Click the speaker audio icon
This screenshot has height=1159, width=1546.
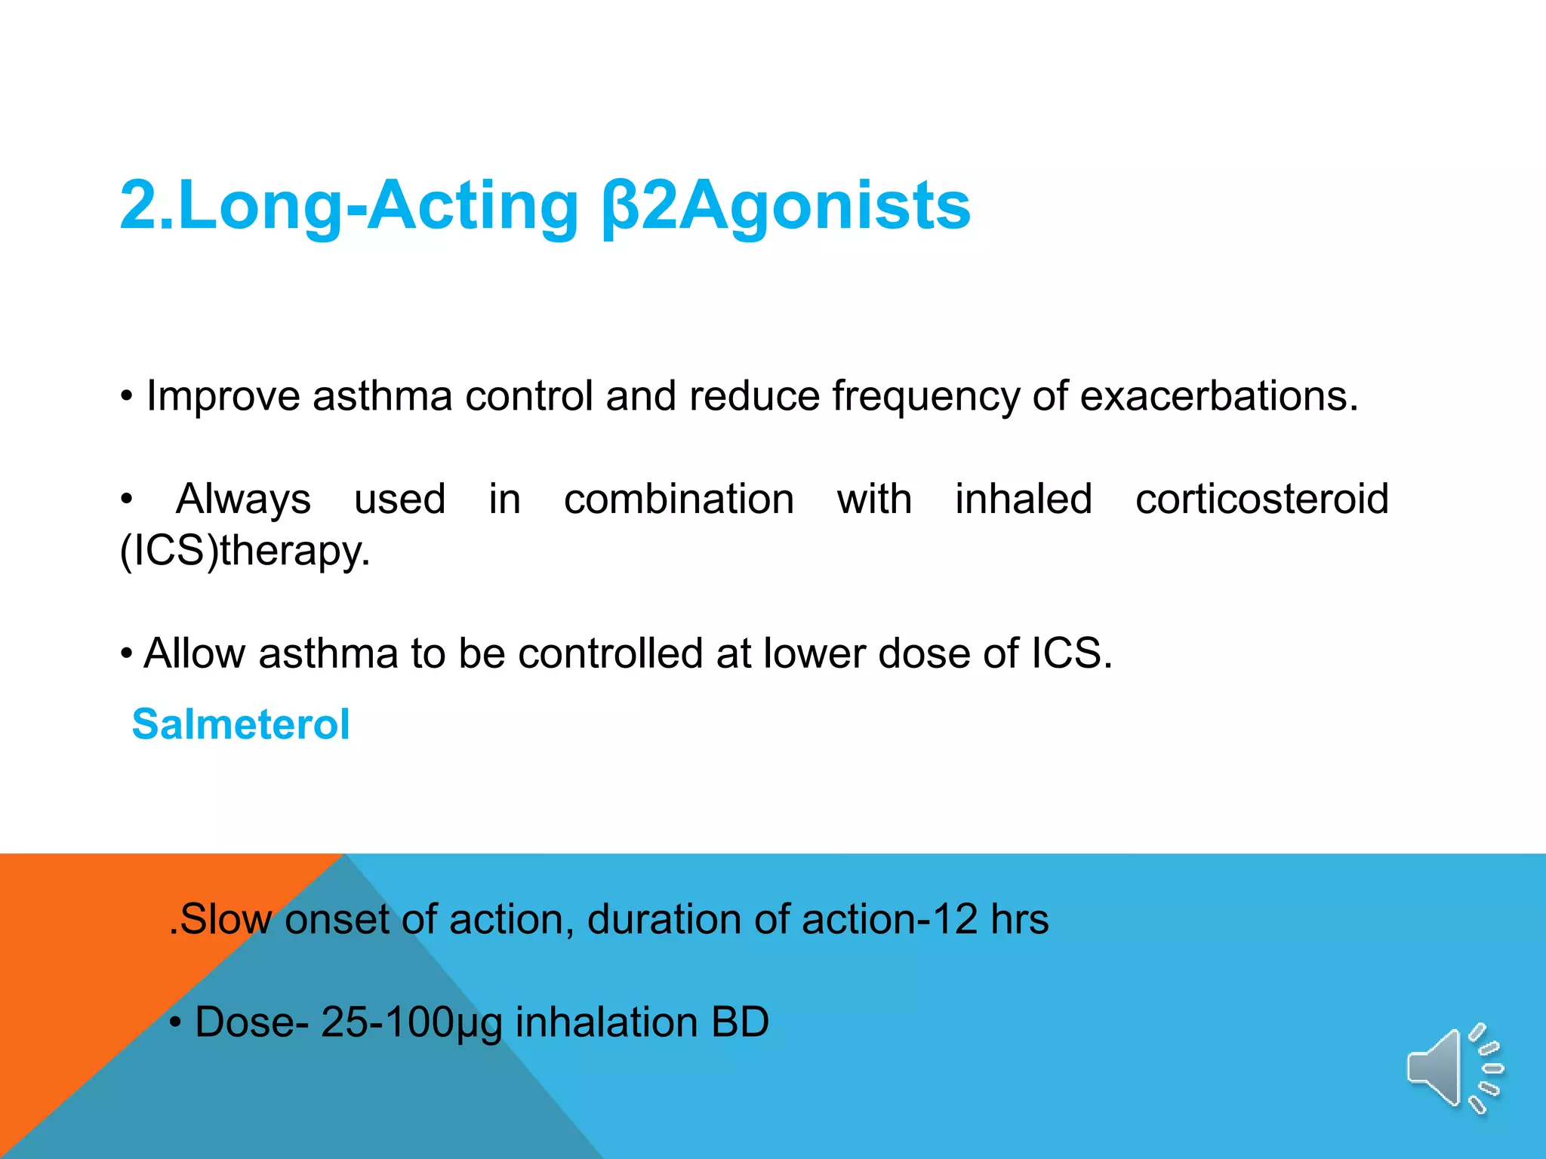click(1452, 1068)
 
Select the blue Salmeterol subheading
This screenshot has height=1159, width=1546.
click(241, 724)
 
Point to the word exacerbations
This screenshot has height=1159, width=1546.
click(1218, 395)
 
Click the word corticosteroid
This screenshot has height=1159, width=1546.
click(1261, 500)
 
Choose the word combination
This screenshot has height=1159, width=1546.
click(679, 500)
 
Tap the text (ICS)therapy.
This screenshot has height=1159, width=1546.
click(245, 551)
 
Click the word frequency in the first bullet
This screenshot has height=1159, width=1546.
click(925, 397)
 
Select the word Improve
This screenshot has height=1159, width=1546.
click(223, 397)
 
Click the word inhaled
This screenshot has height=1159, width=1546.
click(1024, 500)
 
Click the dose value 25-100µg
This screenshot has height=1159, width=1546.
click(411, 1023)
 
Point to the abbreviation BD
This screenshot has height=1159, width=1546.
click(740, 1022)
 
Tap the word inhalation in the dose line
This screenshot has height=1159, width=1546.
click(606, 1022)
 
